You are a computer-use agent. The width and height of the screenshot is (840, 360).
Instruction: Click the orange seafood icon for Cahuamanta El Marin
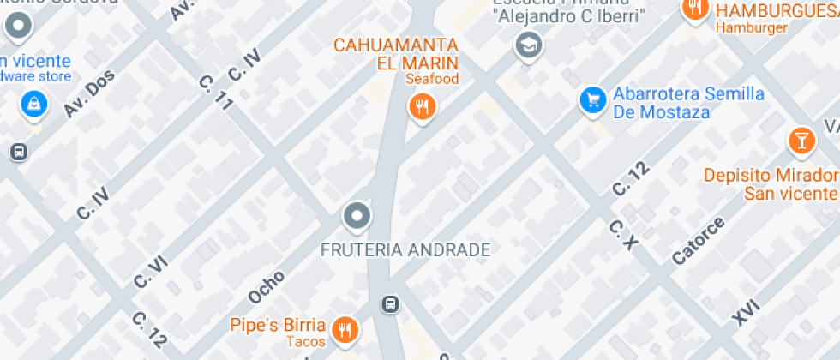pos(420,107)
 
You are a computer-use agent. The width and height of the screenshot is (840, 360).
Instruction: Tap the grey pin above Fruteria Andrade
pos(357,215)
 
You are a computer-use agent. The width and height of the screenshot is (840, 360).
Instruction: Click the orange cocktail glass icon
pos(801,140)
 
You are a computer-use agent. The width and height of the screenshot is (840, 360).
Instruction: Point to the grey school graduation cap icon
pos(528,45)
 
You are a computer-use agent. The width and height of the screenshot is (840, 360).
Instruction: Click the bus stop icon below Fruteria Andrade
pos(390,303)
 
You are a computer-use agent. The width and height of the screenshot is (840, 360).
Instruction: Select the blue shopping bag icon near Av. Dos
pos(33,105)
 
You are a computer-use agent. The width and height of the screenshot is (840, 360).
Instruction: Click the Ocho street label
pos(266,286)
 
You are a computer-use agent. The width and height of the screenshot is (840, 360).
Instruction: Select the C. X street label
pos(625,235)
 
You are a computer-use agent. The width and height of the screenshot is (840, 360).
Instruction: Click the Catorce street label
pos(698,240)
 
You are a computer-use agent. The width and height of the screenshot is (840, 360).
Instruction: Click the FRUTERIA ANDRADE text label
pos(405,250)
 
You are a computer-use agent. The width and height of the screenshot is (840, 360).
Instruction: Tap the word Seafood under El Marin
pos(432,80)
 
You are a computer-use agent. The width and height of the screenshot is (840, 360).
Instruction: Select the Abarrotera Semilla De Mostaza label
pos(688,103)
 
